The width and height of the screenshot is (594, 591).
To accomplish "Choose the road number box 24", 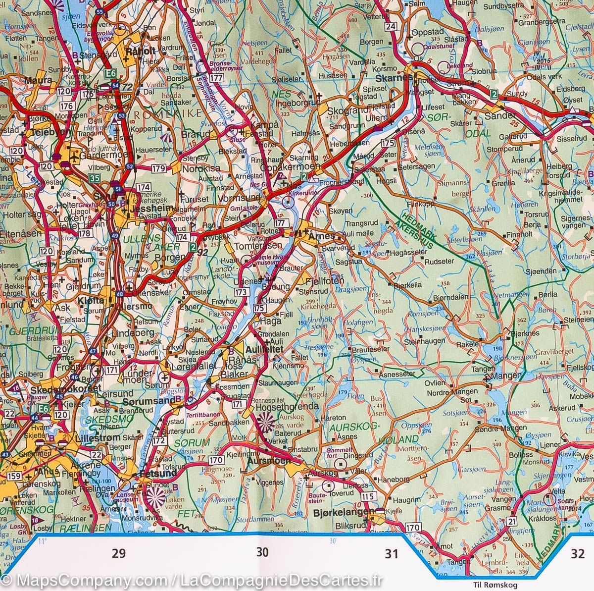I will [x=392, y=27].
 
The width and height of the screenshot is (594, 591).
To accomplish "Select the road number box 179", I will [x=159, y=169].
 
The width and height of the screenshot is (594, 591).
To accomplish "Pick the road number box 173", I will [x=242, y=293].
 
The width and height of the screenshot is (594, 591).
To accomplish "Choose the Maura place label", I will [x=39, y=80].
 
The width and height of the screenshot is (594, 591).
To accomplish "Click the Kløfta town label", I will [x=91, y=300].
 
